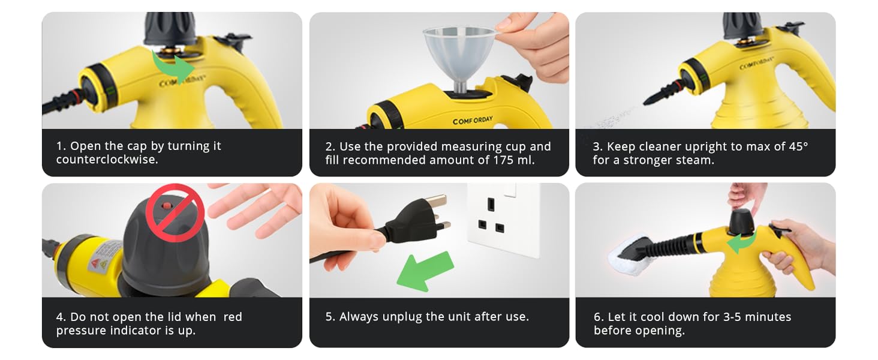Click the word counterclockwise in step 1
tap(107, 160)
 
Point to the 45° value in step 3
tap(798, 146)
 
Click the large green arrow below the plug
tap(425, 272)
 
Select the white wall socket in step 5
tap(503, 220)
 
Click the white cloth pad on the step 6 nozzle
tap(629, 255)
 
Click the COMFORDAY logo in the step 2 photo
tap(473, 121)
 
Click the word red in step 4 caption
tap(233, 317)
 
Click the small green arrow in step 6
tap(741, 243)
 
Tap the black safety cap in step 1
tap(170, 28)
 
